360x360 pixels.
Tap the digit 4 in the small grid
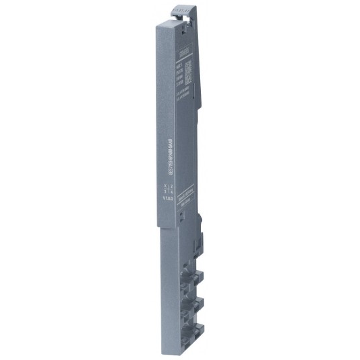click(171, 191)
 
